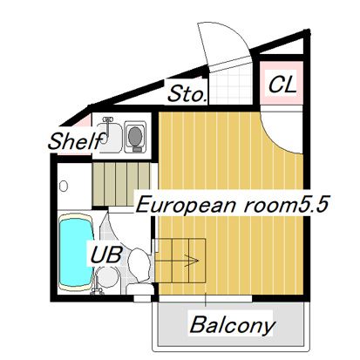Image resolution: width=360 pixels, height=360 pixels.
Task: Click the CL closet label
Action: click(282, 85)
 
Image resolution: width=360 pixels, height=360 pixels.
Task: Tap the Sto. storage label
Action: click(187, 92)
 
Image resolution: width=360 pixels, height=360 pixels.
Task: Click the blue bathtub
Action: click(73, 253)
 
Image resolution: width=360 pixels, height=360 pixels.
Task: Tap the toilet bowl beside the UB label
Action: click(139, 261)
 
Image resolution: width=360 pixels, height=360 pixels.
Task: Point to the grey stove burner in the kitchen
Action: click(135, 136)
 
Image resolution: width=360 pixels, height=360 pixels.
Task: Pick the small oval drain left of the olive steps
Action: click(64, 185)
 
